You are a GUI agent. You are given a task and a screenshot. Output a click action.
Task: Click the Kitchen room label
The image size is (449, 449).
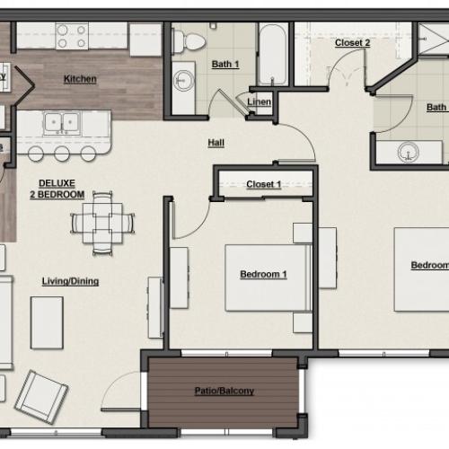pos(80,79)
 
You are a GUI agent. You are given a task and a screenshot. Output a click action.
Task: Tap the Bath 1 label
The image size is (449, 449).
pos(225,64)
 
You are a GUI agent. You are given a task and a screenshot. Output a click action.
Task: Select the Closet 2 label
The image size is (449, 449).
pos(352,42)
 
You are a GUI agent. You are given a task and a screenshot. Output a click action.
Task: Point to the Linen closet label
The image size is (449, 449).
pos(259,103)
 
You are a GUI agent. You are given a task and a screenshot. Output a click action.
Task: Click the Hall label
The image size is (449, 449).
pos(216,142)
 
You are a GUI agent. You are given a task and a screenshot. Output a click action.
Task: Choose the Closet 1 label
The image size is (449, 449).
pos(264,185)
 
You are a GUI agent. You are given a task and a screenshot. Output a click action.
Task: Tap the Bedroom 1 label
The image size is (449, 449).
pos(263,274)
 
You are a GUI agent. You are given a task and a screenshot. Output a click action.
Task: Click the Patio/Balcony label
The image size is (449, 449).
pos(224,391)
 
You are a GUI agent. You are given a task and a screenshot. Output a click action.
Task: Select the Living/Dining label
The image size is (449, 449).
pos(70,281)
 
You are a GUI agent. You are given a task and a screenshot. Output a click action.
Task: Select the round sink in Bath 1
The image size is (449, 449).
pos(188,75)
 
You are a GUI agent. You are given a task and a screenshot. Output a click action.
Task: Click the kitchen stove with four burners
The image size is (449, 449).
pos(69,37)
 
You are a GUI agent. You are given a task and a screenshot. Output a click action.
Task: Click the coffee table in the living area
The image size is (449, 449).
pos(47,321)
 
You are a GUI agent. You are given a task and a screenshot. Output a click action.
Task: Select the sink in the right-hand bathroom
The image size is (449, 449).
pos(409,153)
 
